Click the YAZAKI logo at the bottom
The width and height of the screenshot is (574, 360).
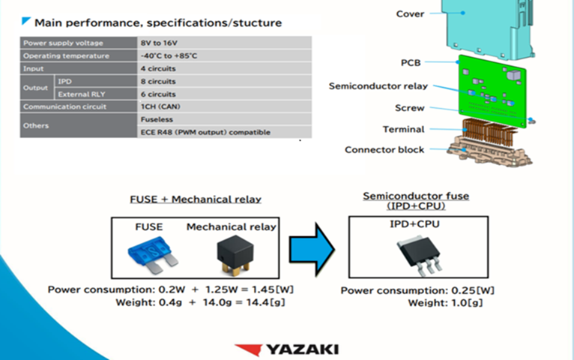pos(286,349)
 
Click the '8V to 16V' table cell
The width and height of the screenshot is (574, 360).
pos(159,43)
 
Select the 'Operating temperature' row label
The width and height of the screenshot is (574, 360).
pos(66,55)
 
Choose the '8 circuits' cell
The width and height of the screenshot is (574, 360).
pos(158,81)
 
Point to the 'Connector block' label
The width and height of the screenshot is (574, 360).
pos(384,149)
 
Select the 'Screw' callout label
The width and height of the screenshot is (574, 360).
pos(409,108)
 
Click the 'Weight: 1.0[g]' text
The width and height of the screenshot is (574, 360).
pos(441,303)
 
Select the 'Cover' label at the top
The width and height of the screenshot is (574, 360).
pos(409,13)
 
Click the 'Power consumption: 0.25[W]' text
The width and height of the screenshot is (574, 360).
pos(417,290)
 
